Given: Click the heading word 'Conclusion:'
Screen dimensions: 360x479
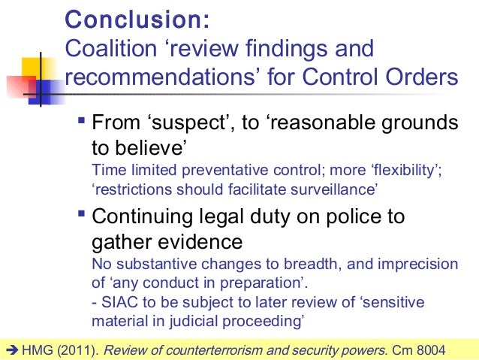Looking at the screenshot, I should click(x=138, y=18).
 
